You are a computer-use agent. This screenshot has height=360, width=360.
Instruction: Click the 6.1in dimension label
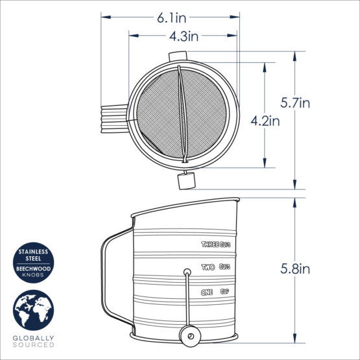[x=170, y=19]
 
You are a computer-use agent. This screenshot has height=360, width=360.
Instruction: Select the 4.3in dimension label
[x=183, y=36]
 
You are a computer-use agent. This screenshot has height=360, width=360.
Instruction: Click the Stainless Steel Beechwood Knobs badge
[x=33, y=261]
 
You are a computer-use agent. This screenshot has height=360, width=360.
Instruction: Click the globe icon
[x=33, y=311]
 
